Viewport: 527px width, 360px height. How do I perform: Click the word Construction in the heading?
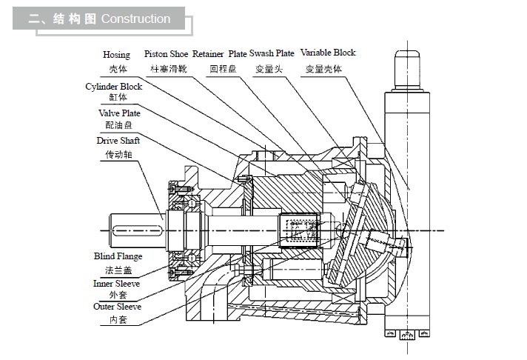[x=135, y=19]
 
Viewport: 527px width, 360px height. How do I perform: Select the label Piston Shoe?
[x=166, y=54]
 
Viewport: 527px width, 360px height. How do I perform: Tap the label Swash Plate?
[x=272, y=54]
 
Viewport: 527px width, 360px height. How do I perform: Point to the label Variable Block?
[x=328, y=53]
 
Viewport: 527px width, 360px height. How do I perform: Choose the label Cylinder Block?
[x=114, y=87]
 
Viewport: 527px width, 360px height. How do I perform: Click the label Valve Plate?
[x=119, y=113]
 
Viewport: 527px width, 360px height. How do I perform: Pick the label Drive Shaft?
[x=118, y=141]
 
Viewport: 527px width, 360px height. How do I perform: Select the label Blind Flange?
[x=118, y=256]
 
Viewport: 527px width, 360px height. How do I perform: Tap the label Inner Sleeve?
[x=116, y=284]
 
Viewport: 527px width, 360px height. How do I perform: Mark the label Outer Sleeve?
[x=117, y=307]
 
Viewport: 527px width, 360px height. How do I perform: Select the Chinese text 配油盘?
[x=117, y=127]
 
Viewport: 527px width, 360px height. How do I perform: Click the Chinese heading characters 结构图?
[x=75, y=19]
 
